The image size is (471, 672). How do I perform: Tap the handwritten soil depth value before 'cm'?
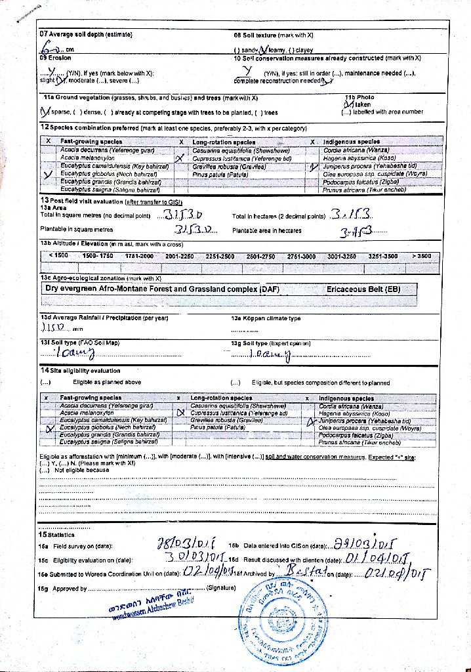tap(51, 48)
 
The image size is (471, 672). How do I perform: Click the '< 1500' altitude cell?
tap(58, 255)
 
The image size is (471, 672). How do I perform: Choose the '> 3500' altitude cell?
tap(422, 255)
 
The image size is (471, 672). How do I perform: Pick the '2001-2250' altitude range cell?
tap(179, 255)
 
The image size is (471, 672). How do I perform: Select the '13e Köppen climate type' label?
tap(265, 318)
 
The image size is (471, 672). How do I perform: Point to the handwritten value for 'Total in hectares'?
tap(351, 215)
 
